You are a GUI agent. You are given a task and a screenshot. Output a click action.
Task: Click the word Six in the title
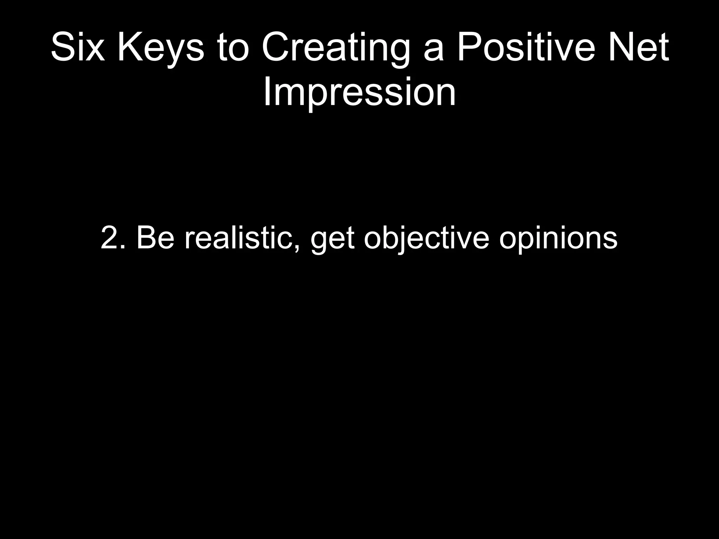coord(78,47)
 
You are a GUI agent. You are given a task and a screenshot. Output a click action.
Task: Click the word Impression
coord(359,92)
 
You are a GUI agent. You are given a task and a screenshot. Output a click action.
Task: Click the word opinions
coord(558,241)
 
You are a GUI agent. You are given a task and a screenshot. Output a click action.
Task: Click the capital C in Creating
coord(275,47)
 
